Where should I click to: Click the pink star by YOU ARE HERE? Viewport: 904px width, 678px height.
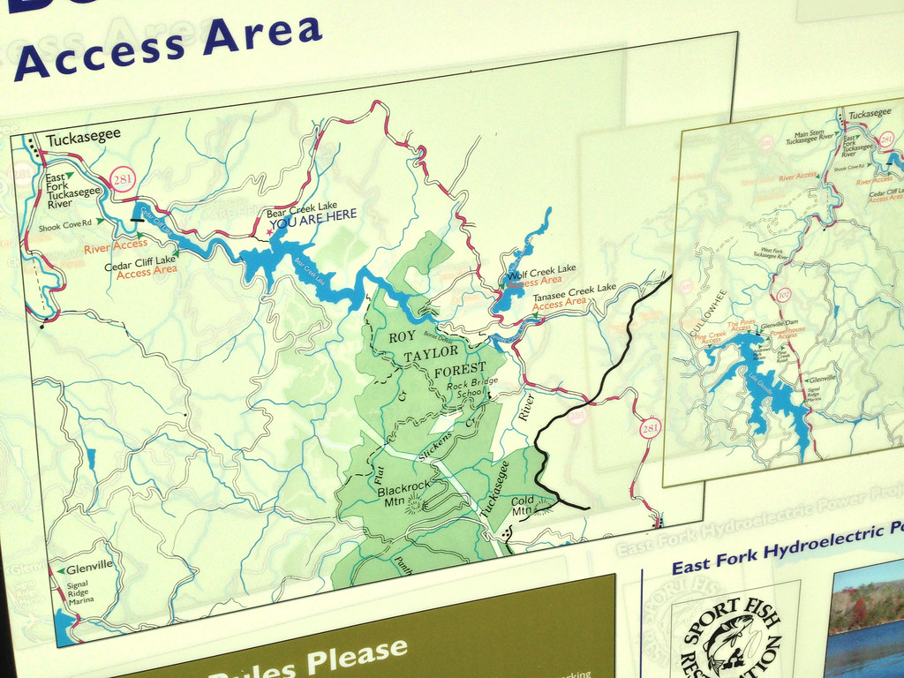269,232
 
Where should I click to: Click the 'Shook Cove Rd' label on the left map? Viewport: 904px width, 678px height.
64,227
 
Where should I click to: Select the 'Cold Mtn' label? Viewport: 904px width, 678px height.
523,505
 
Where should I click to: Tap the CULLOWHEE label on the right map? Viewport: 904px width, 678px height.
695,309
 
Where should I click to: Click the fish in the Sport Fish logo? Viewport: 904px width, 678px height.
728,641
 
